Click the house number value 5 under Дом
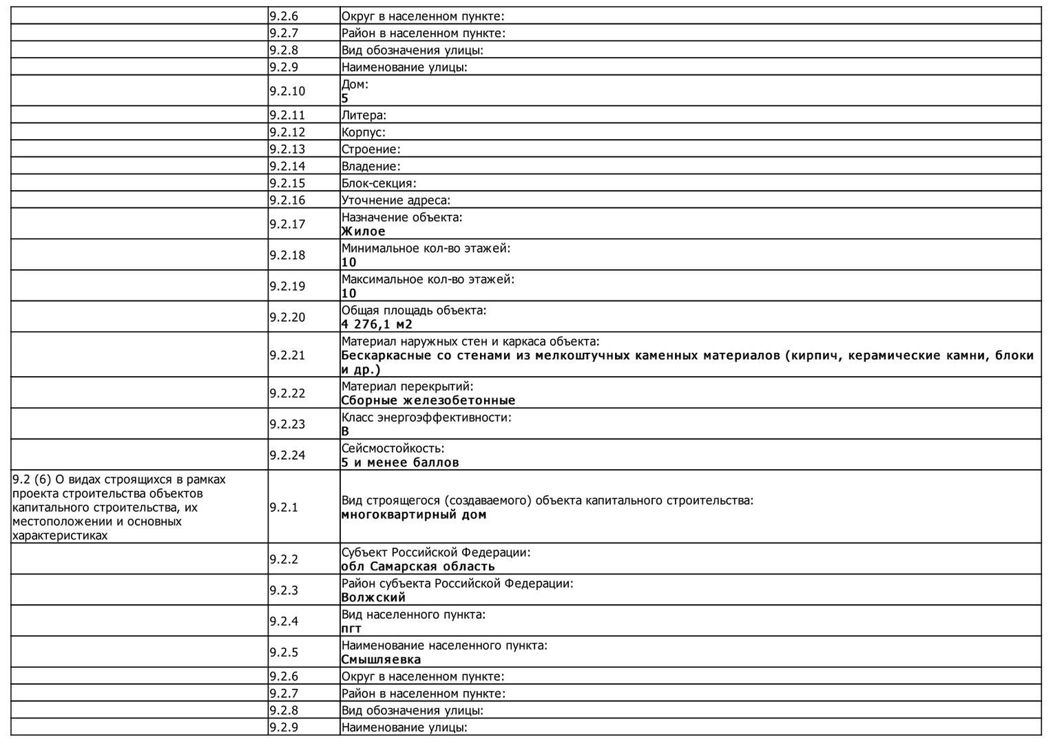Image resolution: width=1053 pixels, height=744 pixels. point(345,99)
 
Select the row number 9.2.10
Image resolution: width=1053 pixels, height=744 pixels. point(287,91)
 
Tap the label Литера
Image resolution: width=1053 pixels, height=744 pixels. point(364,115)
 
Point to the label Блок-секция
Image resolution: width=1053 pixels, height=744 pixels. point(379,183)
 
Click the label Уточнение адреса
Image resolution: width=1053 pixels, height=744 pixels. point(395,200)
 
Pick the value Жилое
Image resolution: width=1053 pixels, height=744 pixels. point(363,231)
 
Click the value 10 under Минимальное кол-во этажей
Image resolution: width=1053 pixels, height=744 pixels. point(349,262)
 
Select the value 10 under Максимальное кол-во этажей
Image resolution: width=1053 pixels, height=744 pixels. point(349,293)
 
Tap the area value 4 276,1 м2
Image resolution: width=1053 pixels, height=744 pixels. point(377,324)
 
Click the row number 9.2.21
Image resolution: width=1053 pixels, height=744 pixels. point(287,355)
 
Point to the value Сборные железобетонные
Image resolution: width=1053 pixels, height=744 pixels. point(428,400)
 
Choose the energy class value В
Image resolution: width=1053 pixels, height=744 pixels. point(345,431)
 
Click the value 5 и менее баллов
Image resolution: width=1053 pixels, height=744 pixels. point(400,462)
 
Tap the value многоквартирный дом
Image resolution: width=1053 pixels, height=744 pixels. point(414,515)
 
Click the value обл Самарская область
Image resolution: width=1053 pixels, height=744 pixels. point(418,566)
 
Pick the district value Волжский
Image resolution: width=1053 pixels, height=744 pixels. point(373,597)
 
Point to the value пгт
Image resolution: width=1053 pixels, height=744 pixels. point(351,628)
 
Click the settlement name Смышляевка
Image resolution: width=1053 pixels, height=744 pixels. point(381,659)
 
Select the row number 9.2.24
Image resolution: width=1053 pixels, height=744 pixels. point(287,455)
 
